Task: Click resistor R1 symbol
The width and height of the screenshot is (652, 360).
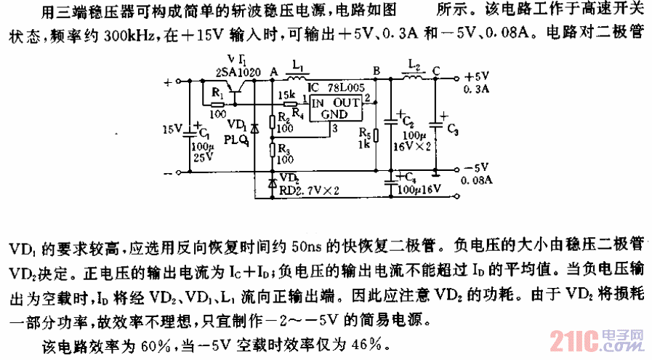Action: click(217, 104)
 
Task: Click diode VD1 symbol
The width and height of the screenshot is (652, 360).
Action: click(254, 127)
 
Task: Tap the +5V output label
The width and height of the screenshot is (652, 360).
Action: click(478, 76)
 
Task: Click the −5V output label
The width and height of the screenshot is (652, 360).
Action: click(478, 167)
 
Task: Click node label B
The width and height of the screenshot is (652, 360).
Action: click(376, 71)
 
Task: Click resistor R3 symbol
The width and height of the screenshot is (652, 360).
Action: click(273, 149)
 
